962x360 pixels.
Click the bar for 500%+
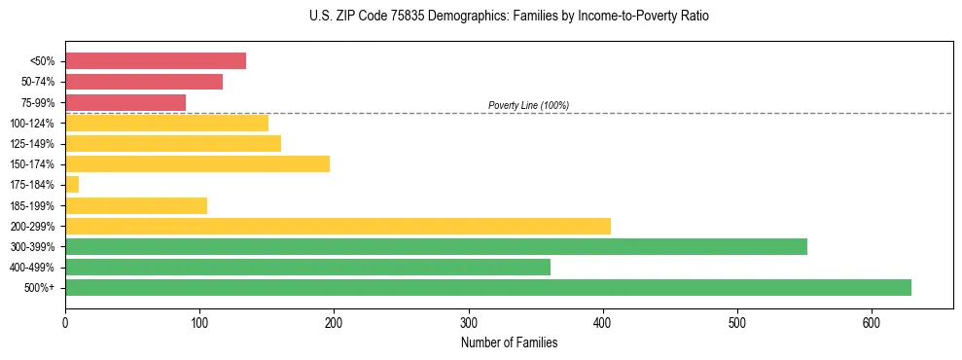(487, 287)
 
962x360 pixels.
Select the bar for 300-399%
(436, 246)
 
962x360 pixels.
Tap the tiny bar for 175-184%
(72, 184)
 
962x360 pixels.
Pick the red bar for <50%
(156, 60)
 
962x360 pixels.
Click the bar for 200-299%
(338, 226)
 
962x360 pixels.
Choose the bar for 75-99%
(125, 102)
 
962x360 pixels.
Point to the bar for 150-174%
(197, 163)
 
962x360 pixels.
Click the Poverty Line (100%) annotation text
(528, 105)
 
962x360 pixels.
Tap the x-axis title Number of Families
(509, 342)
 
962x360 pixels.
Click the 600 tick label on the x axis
(737, 321)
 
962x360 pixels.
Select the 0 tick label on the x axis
(65, 321)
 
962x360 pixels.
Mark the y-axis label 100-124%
(32, 123)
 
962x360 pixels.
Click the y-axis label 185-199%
(32, 205)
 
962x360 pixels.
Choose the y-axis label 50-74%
(35, 82)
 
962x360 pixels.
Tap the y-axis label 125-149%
(32, 143)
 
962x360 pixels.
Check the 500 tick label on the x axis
(603, 321)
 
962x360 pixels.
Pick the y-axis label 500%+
(38, 288)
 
